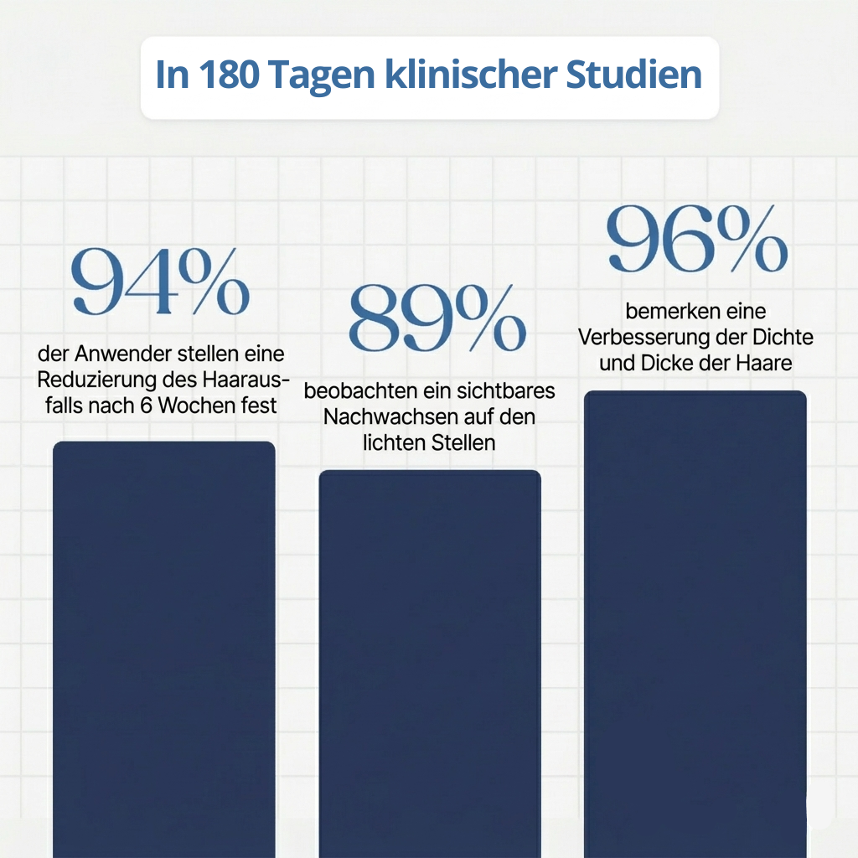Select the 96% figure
[x=697, y=240]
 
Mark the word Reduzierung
[x=98, y=380]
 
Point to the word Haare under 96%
[x=763, y=364]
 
